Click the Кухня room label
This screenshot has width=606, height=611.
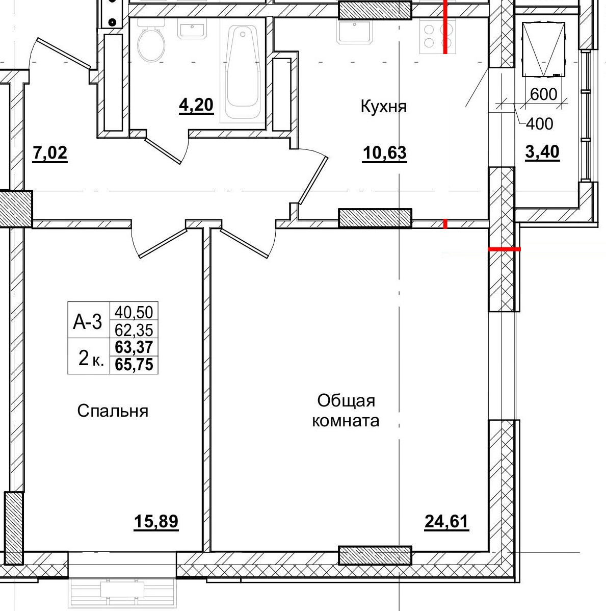point(383,107)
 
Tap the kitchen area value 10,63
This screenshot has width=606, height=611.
point(384,152)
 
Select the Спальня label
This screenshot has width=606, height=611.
point(113,411)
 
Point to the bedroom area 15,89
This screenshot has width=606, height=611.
point(156,522)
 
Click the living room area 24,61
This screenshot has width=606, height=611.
point(446,522)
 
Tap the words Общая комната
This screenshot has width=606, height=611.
point(346,411)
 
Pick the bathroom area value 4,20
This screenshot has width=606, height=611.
point(196,106)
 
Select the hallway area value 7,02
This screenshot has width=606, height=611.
point(49,152)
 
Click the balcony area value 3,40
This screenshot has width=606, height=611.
point(542,152)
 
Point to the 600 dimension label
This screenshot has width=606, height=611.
point(543,94)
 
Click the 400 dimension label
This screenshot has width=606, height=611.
point(539,123)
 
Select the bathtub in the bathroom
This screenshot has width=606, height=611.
point(243,69)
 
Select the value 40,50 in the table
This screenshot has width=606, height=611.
point(134,312)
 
